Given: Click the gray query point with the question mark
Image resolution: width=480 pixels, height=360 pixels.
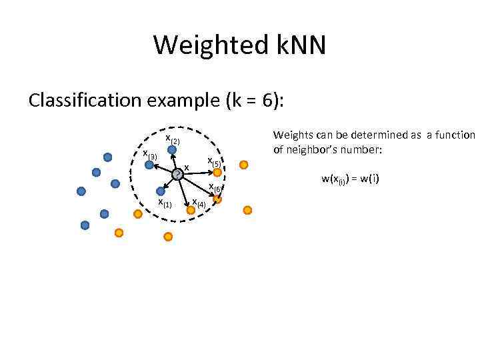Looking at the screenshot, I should coord(177,175).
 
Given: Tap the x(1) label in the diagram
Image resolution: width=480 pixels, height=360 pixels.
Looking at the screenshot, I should coord(165,203).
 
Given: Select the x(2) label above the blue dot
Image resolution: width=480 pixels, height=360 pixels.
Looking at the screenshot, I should coord(173,139).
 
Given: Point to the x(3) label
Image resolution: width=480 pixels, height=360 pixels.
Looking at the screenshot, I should coord(150,155).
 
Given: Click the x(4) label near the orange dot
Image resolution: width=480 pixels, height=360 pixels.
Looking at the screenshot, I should coord(199,203).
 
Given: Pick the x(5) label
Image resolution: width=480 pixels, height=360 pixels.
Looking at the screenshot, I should coord(214,161).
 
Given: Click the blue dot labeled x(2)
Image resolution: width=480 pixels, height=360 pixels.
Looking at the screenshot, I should coord(172,151).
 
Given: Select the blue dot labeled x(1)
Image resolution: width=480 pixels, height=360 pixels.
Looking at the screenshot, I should coord(160,191).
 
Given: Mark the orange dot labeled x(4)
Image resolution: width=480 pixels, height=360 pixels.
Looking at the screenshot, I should coord(191,209).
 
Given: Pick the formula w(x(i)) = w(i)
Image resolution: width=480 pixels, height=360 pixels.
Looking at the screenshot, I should coord(350,179).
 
